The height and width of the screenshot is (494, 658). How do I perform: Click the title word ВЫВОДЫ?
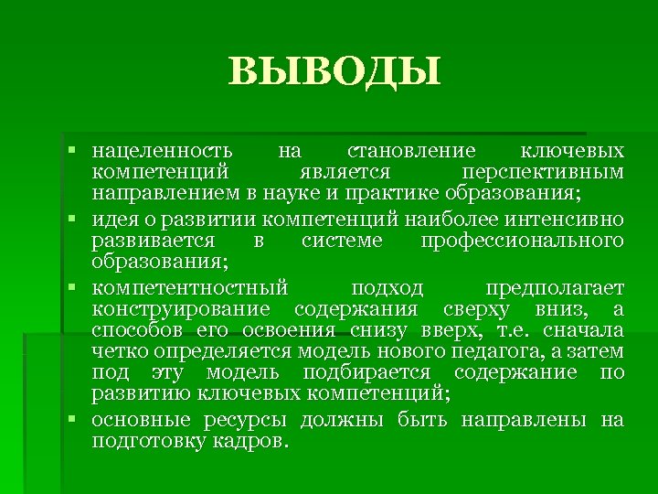[334, 70]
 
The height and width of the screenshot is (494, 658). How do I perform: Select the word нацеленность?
[162, 150]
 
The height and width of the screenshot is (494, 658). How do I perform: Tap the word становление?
[412, 150]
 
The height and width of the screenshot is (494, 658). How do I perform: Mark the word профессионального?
[523, 241]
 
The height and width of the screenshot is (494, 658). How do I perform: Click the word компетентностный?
[189, 289]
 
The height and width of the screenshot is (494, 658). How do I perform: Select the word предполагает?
[555, 289]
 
